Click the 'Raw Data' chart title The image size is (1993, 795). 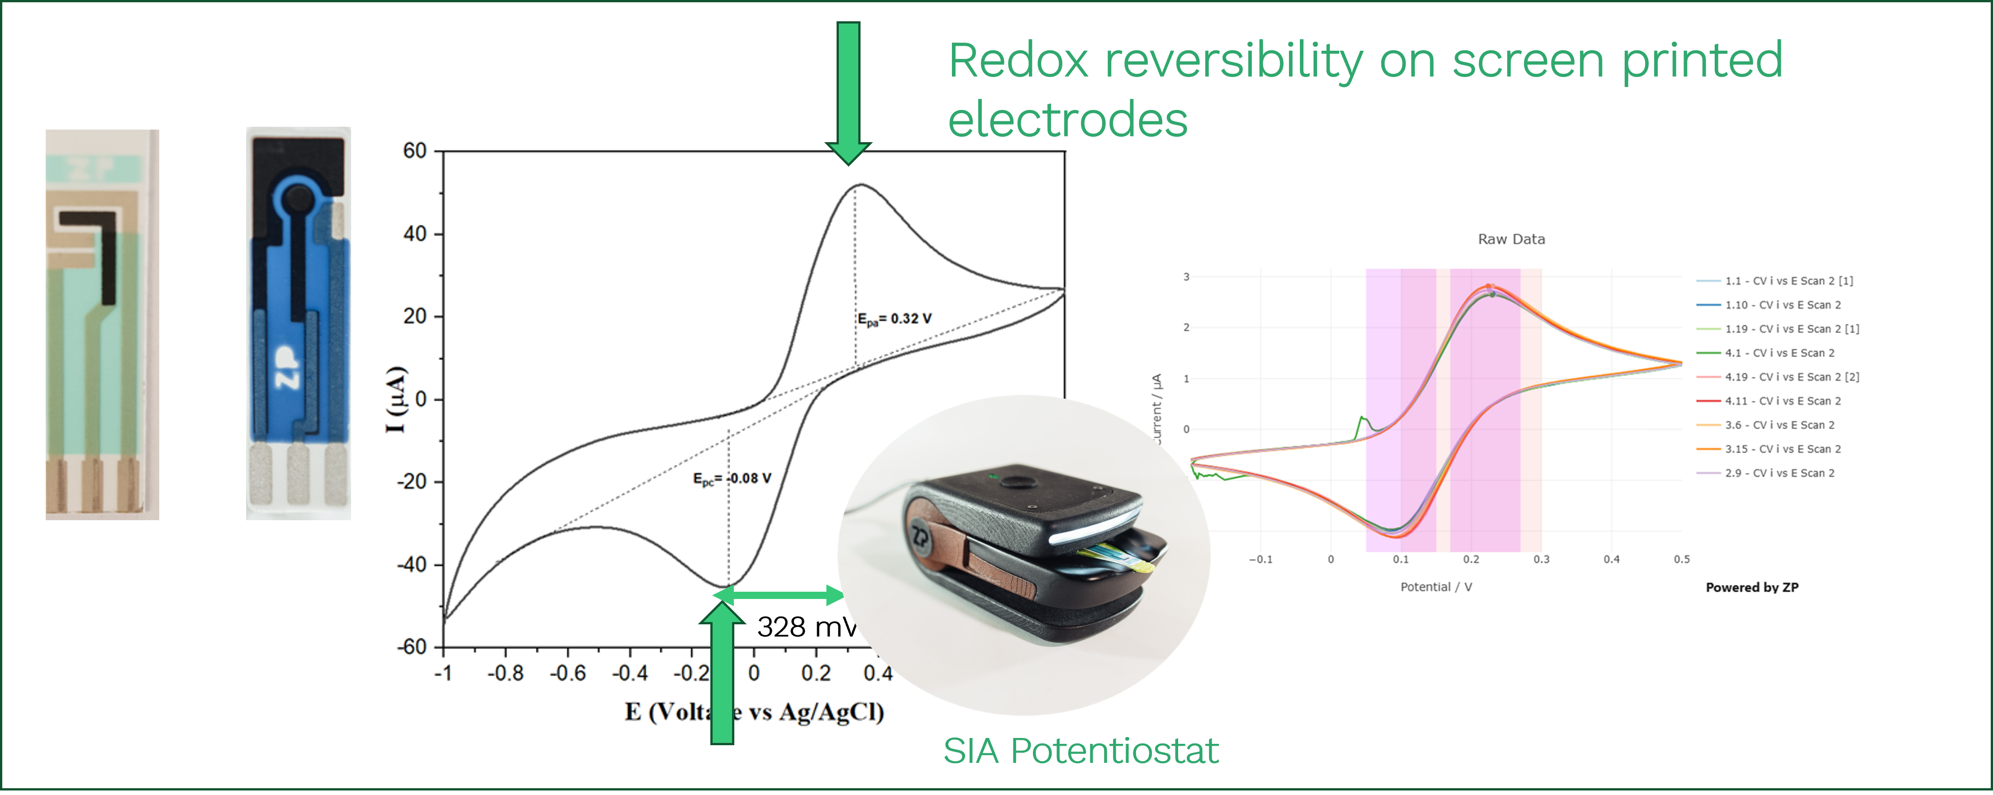pos(1511,239)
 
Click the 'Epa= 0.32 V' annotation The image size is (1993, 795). pos(894,319)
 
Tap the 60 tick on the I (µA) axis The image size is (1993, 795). pos(415,151)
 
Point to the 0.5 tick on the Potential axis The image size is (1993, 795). pos(1681,559)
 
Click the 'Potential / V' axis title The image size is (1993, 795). pos(1436,587)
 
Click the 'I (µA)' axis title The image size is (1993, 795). pos(396,399)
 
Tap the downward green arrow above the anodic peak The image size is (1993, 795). pos(848,93)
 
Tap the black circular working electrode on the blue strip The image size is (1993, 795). pos(296,201)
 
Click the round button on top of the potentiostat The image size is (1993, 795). pos(1013,482)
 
